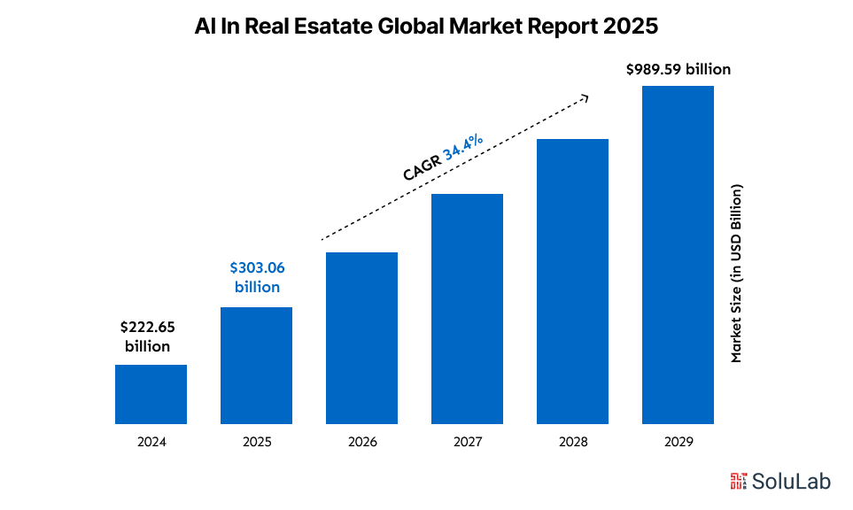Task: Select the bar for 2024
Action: pos(151,394)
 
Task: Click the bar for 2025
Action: pos(256,366)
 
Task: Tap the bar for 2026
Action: pos(361,338)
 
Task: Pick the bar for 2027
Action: pos(467,309)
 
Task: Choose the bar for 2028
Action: pos(572,282)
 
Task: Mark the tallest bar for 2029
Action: pos(678,255)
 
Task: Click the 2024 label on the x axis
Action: pos(151,441)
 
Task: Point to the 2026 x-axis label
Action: pos(361,441)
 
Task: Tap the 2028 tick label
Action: pos(572,441)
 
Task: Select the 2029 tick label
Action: pos(678,441)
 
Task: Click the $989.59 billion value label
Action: pos(679,68)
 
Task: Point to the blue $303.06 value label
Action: pos(257,267)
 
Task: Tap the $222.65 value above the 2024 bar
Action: pos(147,328)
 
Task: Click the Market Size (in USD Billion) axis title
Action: pos(735,273)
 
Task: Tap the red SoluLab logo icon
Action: pos(738,482)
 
